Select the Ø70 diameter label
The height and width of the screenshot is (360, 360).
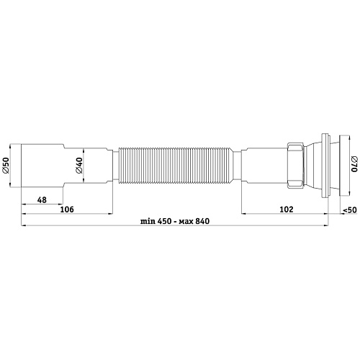click(x=353, y=165)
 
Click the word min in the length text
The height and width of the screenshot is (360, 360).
click(x=139, y=222)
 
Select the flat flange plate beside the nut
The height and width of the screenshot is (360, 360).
click(x=326, y=165)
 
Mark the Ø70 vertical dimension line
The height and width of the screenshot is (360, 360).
click(x=346, y=165)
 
